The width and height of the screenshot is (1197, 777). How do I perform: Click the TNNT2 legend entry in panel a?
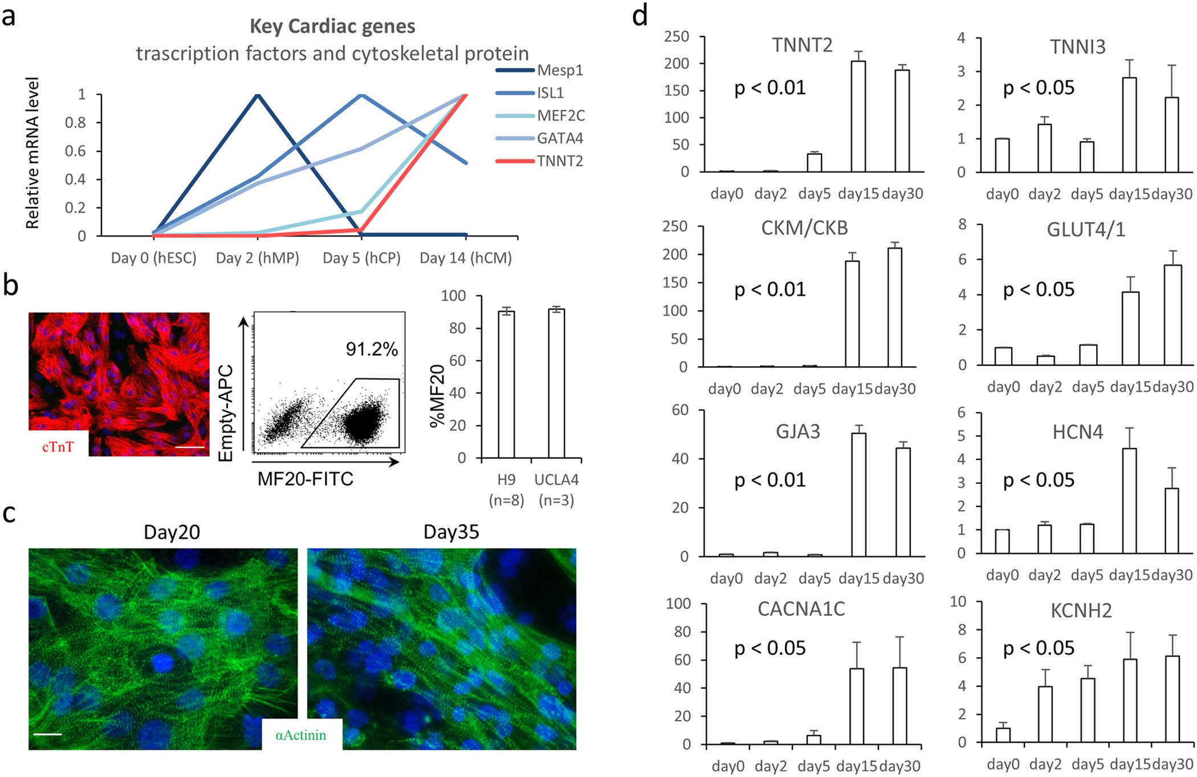[x=560, y=161]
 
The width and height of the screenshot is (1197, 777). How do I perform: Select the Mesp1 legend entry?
[x=560, y=70]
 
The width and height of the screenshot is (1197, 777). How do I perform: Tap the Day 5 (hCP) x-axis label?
[x=361, y=258]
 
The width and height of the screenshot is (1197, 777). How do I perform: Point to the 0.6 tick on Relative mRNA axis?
[x=75, y=151]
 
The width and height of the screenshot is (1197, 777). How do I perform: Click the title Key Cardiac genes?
[x=332, y=26]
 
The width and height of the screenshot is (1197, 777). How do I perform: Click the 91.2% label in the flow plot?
[x=372, y=349]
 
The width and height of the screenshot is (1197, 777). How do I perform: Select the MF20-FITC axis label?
[x=306, y=479]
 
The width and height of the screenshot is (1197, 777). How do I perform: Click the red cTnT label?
[x=58, y=447]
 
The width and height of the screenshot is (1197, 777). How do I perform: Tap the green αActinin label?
[x=301, y=735]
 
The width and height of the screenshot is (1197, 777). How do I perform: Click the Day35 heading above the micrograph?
[x=451, y=532]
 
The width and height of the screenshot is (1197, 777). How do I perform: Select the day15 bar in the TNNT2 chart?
[x=858, y=116]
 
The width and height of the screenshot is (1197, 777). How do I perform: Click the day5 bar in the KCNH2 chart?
[x=1087, y=710]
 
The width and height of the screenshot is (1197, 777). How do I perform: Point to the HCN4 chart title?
[x=1077, y=432]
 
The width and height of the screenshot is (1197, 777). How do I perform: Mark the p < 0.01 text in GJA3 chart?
[x=770, y=480]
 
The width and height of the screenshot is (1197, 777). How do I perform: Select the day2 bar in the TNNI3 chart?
[x=1044, y=148]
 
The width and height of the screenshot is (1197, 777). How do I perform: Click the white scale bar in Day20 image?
[x=47, y=734]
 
